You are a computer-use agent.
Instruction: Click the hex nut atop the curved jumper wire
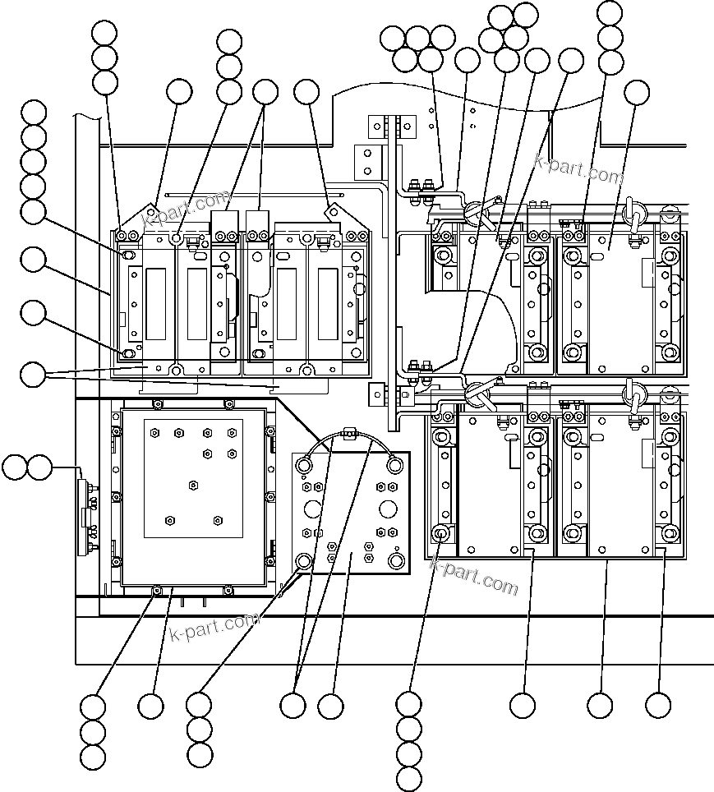pos(348,431)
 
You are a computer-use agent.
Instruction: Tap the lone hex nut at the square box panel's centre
pos(194,484)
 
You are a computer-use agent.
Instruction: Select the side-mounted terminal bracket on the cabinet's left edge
pos(85,509)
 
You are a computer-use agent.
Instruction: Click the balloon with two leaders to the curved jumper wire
pos(293,705)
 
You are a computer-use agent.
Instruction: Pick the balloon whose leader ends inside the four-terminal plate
pos(330,705)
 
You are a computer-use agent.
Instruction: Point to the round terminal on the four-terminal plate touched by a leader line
pos(303,561)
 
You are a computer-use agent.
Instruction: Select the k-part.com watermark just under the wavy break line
pos(579,168)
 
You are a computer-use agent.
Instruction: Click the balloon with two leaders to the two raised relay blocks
pos(265,92)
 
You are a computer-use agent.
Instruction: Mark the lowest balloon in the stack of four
pos(408,778)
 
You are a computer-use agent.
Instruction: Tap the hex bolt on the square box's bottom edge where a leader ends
pos(157,589)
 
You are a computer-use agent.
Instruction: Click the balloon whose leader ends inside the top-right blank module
pos(637,93)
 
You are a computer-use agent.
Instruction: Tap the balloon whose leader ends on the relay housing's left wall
pos(34,261)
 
